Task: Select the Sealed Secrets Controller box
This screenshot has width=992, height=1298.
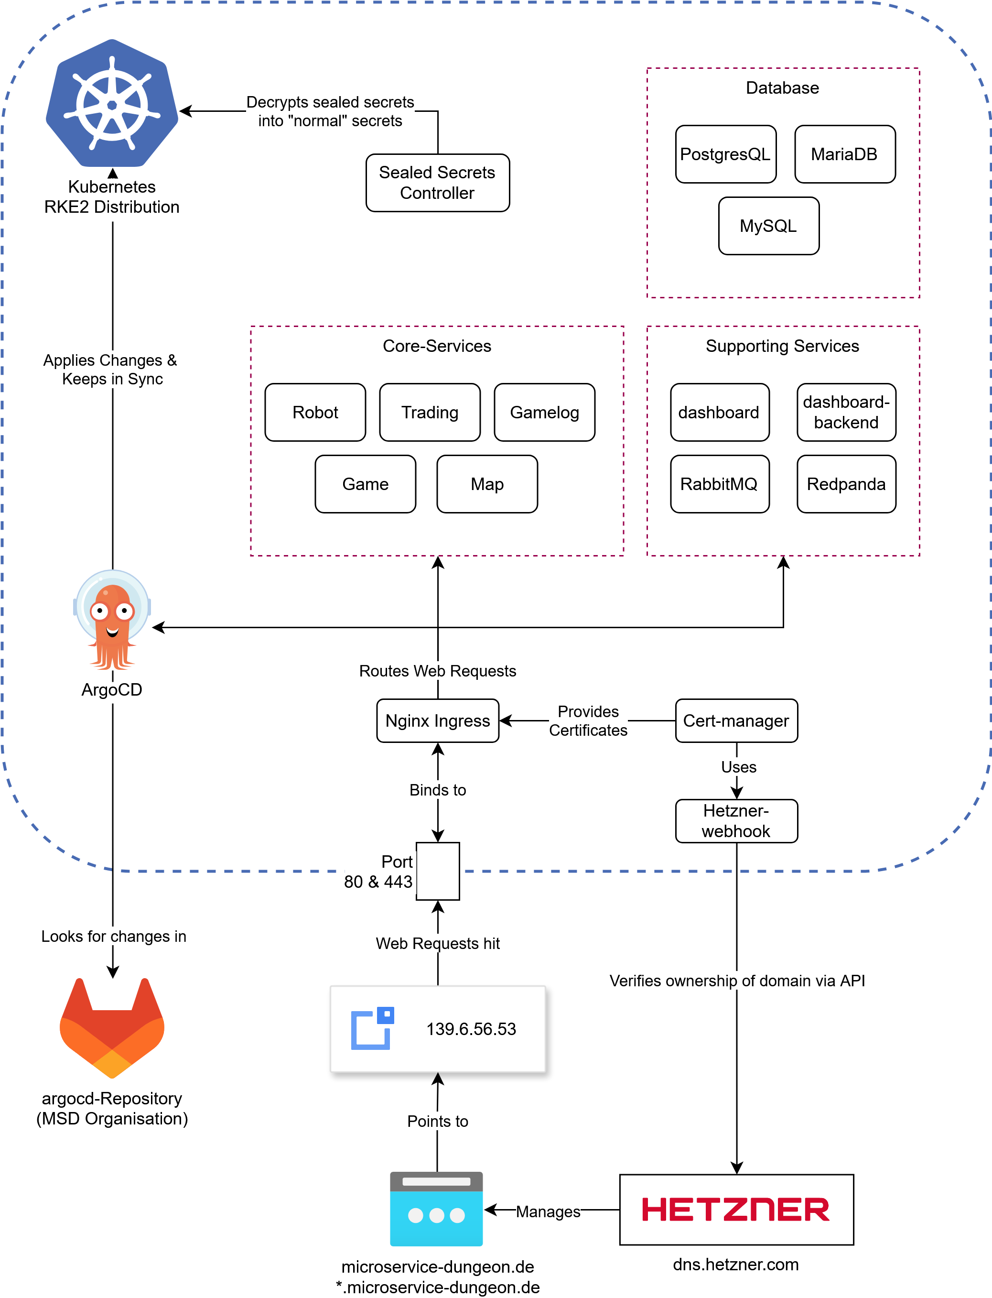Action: [x=438, y=183]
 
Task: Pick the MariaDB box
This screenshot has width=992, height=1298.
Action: [x=844, y=154]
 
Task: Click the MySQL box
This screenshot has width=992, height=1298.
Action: [x=768, y=226]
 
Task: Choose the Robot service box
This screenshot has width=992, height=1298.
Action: [x=315, y=413]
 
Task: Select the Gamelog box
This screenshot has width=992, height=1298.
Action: [x=544, y=413]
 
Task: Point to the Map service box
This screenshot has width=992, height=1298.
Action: [x=487, y=484]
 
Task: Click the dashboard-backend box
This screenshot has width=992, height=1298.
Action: [x=846, y=413]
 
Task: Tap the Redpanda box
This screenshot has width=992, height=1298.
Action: [x=846, y=484]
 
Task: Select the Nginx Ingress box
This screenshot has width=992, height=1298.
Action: [x=438, y=721]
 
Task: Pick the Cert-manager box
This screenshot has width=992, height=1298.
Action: [x=736, y=721]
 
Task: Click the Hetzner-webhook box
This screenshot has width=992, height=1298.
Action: [x=736, y=820]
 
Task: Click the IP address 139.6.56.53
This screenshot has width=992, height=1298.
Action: [x=471, y=1029]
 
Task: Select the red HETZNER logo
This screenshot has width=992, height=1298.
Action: [x=736, y=1210]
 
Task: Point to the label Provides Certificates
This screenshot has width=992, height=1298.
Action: [x=588, y=721]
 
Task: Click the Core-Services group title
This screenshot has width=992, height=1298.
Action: [x=437, y=346]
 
